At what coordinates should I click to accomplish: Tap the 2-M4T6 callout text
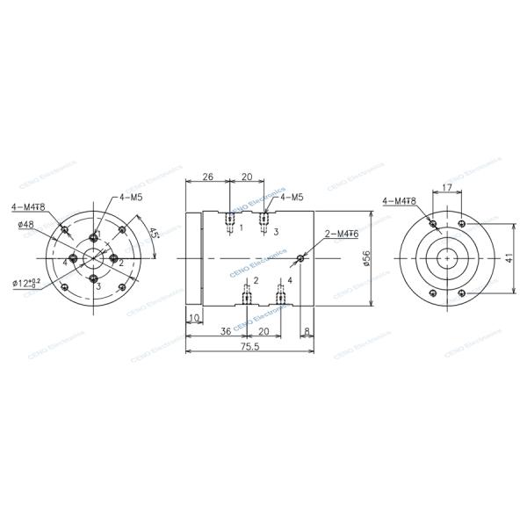tap(341, 235)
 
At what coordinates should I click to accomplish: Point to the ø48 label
tap(25, 224)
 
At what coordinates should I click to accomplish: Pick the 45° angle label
tap(154, 235)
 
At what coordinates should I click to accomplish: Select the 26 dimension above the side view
tap(207, 177)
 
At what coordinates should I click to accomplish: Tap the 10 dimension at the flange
tap(194, 317)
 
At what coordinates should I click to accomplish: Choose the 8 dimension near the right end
tap(306, 331)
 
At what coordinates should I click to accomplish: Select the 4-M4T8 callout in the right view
tap(399, 201)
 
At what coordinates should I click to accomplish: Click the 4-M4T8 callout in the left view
tap(29, 207)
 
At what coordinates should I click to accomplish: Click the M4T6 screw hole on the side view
tap(301, 258)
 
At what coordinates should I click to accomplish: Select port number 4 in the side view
tap(290, 280)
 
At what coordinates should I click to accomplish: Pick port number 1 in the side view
tap(241, 227)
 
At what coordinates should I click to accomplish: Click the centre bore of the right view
tap(447, 259)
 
